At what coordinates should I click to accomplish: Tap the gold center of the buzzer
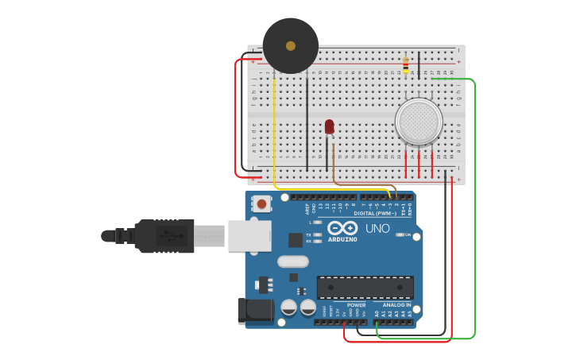tap(291, 46)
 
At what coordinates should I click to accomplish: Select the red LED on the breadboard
tap(330, 126)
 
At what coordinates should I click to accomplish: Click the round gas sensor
tap(419, 121)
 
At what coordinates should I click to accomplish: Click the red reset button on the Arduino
tap(261, 204)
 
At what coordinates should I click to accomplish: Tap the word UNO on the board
tap(377, 229)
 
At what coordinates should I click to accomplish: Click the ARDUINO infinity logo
tap(342, 229)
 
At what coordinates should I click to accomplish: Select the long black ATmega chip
tap(365, 287)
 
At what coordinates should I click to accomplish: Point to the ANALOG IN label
tap(396, 305)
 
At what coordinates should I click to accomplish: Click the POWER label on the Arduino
tap(357, 305)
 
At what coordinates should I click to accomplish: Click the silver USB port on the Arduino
tap(249, 236)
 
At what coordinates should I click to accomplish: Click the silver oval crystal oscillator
tap(292, 261)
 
